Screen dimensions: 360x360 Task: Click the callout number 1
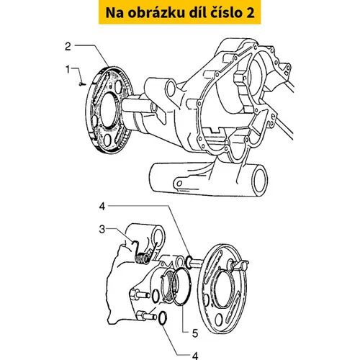[68, 70]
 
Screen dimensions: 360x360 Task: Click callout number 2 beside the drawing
[68, 46]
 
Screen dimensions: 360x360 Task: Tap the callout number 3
[102, 229]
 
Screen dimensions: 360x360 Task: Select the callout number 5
[195, 333]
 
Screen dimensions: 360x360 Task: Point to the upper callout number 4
[102, 207]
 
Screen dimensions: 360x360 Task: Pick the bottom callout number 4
[195, 356]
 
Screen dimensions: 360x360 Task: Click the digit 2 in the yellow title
[250, 13]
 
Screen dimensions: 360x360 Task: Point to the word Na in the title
[114, 13]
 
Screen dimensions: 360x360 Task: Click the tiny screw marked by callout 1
[82, 84]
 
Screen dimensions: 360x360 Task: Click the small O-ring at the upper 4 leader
[189, 262]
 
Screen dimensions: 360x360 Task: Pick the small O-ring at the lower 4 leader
[163, 318]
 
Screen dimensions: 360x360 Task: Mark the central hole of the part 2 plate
[107, 109]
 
